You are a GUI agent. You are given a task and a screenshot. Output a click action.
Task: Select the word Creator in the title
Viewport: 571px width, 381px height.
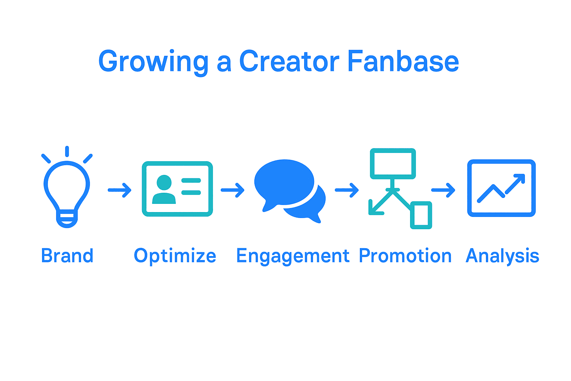pos(289,61)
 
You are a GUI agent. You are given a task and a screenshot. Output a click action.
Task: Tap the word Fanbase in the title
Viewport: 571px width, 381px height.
pos(403,61)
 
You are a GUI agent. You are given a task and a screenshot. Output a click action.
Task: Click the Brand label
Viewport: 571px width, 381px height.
pos(67,256)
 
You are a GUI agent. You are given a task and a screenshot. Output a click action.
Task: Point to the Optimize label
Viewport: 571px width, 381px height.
pos(175,256)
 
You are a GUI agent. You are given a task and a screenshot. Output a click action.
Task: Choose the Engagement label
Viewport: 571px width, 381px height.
pos(293,256)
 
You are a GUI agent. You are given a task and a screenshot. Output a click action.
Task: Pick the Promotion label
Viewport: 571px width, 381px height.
pos(405,256)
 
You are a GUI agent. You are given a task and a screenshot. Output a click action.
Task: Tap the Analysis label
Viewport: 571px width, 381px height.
pos(503,256)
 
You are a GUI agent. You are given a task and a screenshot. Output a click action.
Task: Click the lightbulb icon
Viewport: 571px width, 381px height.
pos(67,187)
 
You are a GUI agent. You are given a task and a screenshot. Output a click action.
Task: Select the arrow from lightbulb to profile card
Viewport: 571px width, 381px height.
pos(120,190)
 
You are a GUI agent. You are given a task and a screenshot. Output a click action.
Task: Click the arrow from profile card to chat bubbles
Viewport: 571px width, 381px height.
pos(232,190)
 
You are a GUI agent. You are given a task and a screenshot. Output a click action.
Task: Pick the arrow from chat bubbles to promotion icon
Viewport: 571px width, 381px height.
pos(347,190)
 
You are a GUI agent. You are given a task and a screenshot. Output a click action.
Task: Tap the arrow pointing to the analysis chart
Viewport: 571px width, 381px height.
pos(443,190)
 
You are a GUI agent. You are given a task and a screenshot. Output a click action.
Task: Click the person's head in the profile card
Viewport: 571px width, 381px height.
pos(164,182)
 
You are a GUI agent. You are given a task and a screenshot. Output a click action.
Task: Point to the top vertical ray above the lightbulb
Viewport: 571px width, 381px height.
pos(67,151)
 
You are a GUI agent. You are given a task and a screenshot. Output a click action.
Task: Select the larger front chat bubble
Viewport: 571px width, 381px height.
pos(284,182)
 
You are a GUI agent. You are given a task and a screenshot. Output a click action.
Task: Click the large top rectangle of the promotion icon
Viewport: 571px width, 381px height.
pos(393,164)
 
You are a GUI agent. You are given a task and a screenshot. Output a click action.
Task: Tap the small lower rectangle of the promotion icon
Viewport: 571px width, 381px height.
pos(421,215)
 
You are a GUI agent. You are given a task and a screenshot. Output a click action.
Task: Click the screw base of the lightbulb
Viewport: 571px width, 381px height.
pos(67,219)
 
